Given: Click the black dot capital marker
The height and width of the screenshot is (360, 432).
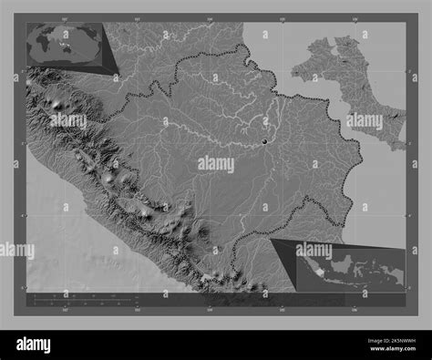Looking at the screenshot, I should pyautogui.click(x=265, y=141).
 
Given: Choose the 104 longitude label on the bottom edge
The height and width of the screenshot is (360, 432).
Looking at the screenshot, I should pyautogui.click(x=210, y=308).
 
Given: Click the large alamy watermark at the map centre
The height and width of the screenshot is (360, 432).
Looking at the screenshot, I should pyautogui.click(x=216, y=164).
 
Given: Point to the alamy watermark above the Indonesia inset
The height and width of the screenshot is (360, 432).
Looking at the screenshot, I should pyautogui.click(x=314, y=249).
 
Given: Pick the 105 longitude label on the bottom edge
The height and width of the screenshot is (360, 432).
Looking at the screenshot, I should pyautogui.click(x=282, y=308).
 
